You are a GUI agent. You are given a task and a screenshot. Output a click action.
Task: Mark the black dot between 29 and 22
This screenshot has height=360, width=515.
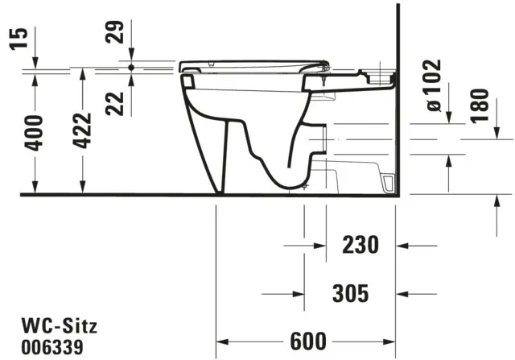coord(130,67)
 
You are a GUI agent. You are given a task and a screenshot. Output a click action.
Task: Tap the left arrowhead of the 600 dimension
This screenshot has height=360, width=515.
coord(221,341)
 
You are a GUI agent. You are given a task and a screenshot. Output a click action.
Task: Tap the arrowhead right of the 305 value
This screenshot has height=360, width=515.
coord(403,292)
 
